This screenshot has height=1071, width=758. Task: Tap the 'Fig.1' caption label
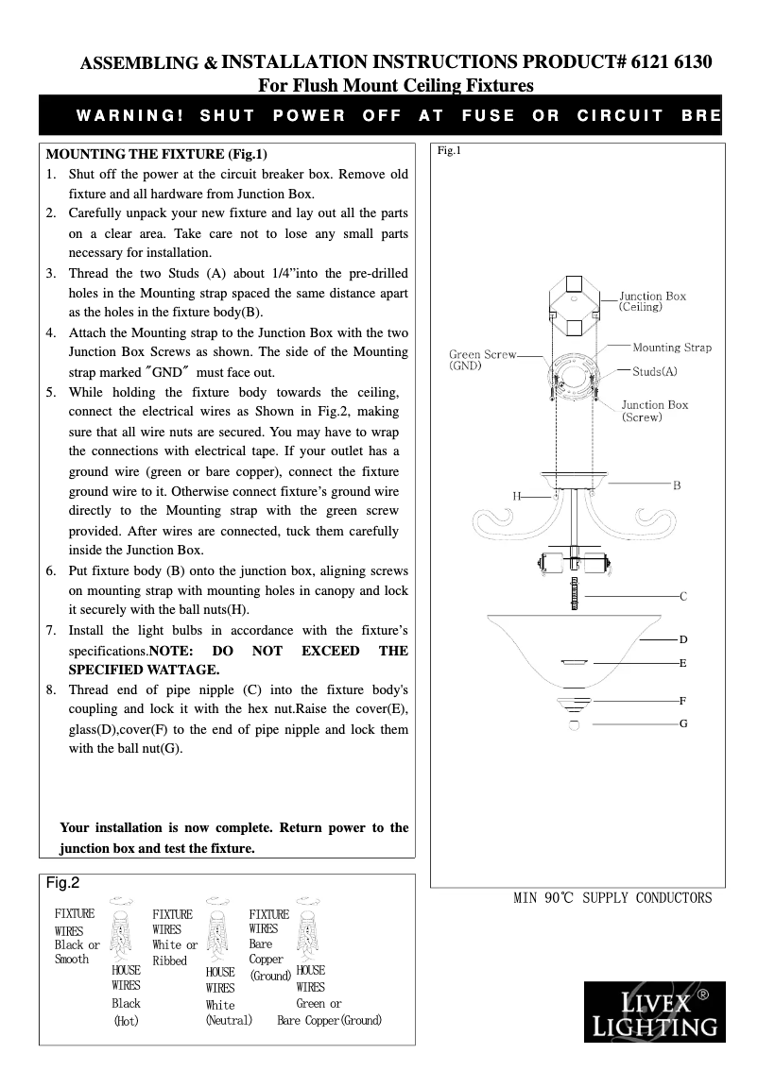pyautogui.click(x=449, y=151)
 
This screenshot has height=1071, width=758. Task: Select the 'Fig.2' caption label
pyautogui.click(x=63, y=883)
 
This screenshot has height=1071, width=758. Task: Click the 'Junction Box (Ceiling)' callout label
pyautogui.click(x=652, y=301)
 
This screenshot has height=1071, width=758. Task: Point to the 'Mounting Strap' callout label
pyautogui.click(x=671, y=348)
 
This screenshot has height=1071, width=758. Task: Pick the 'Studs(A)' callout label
pyautogui.click(x=655, y=372)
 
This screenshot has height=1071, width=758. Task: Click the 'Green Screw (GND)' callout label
pyautogui.click(x=482, y=360)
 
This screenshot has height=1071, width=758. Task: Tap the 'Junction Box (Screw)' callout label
pyautogui.click(x=654, y=411)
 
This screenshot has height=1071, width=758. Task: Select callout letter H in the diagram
pyautogui.click(x=517, y=495)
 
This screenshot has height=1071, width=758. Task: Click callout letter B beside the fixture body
pyautogui.click(x=677, y=485)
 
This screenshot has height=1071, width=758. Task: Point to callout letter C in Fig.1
pyautogui.click(x=682, y=597)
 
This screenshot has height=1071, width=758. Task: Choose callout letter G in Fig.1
pyautogui.click(x=682, y=723)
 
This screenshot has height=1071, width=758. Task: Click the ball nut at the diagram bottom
pyautogui.click(x=574, y=724)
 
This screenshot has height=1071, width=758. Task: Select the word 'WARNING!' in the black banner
pyautogui.click(x=129, y=116)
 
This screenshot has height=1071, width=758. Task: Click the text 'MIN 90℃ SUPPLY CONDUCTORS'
pyautogui.click(x=612, y=897)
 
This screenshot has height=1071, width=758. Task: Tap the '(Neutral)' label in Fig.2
pyautogui.click(x=229, y=1020)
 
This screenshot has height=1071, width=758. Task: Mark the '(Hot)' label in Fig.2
pyautogui.click(x=126, y=1021)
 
